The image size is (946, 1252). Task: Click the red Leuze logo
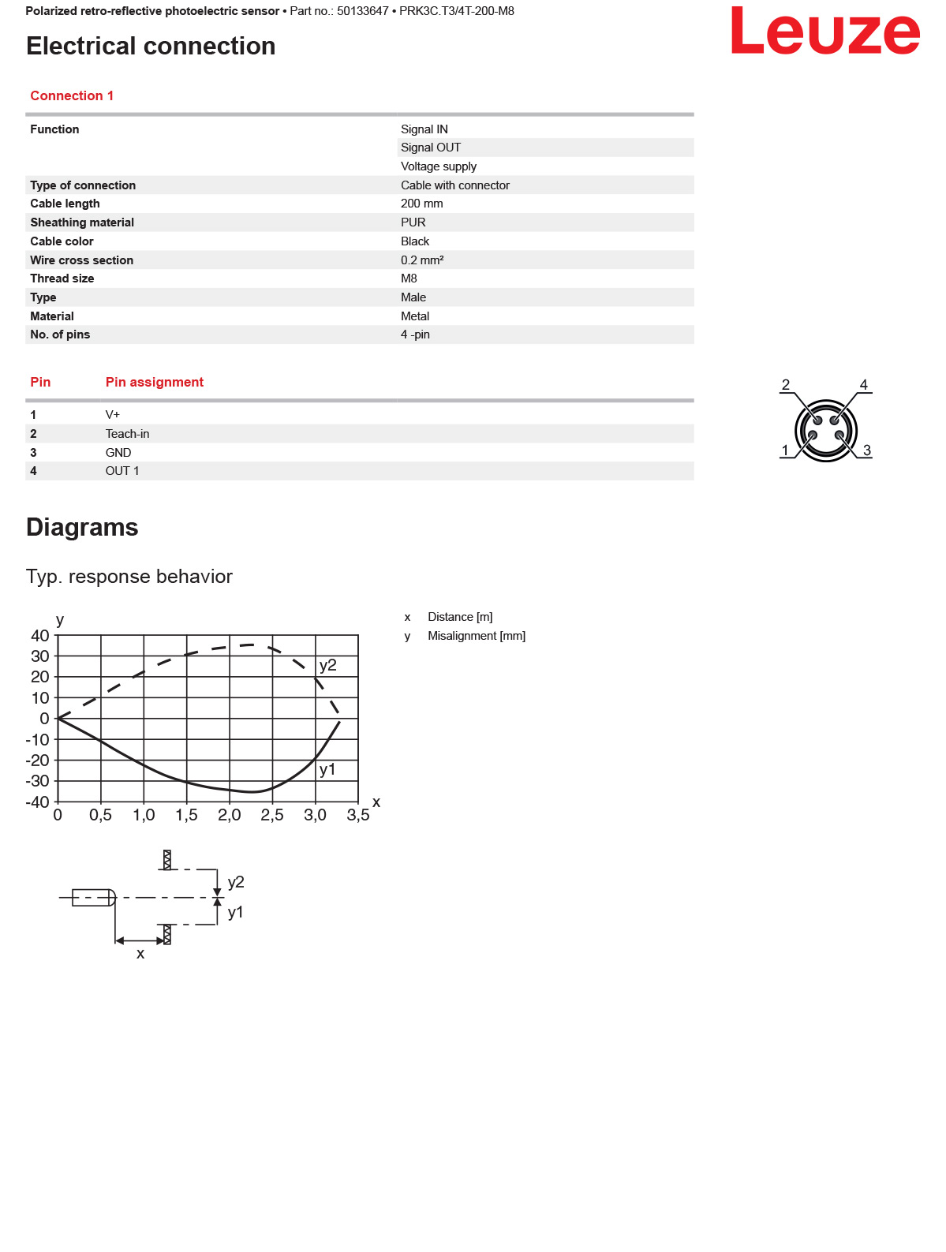coord(825,32)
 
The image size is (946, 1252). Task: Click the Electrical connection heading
coord(151,47)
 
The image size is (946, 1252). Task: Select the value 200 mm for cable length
coord(422,204)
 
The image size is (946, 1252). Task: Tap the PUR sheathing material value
coord(413,222)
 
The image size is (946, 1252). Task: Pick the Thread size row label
coord(62,278)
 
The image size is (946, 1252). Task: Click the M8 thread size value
coord(409,278)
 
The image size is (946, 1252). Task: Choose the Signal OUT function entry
coord(431,148)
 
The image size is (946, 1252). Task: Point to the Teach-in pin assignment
coord(127,434)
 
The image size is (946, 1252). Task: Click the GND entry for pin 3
coord(118,453)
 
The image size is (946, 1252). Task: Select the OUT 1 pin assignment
coord(122,471)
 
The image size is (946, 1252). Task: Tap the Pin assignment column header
coord(155,383)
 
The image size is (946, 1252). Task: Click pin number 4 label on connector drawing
coord(864,385)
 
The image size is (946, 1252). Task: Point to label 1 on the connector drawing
coord(785,450)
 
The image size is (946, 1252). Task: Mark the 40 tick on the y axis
coord(40,636)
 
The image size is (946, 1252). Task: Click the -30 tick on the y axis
coord(38,781)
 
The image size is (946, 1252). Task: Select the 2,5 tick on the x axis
coord(272,815)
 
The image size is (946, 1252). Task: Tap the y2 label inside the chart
coord(328,665)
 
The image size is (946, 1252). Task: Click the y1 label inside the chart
coord(327,769)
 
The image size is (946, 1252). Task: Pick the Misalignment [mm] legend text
coord(477,636)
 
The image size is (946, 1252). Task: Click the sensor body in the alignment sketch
coord(93,898)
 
